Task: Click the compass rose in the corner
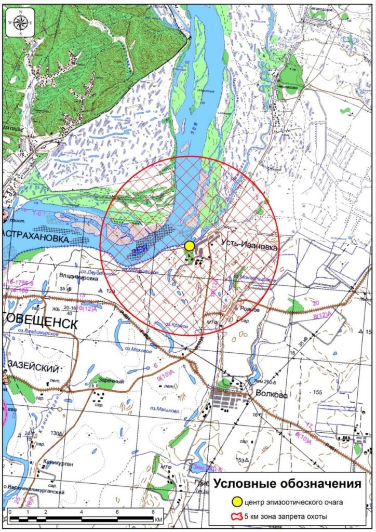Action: [21, 23]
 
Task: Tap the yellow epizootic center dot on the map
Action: [190, 246]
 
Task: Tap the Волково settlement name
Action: [271, 394]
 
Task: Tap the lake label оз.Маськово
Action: [165, 410]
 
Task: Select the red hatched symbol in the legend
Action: [237, 516]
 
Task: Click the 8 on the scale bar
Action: [152, 513]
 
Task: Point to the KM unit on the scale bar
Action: [159, 519]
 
